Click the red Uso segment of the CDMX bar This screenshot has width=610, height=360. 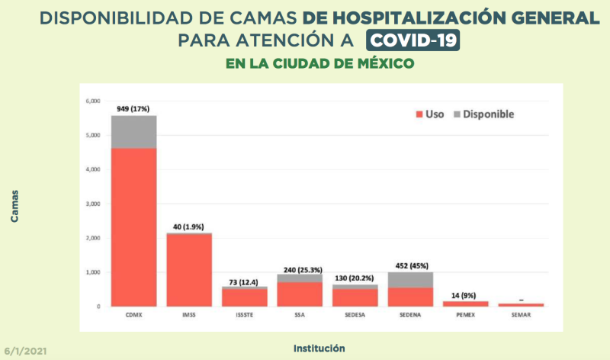pyautogui.click(x=134, y=227)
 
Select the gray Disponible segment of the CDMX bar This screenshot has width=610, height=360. pyautogui.click(x=134, y=132)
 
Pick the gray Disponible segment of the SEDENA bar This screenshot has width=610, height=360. pyautogui.click(x=410, y=280)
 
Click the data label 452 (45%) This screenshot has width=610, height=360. pyautogui.click(x=410, y=266)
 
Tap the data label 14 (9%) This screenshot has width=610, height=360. pyautogui.click(x=465, y=295)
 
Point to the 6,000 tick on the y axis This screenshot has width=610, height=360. pyautogui.click(x=93, y=101)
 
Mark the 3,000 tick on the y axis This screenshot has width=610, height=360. pyautogui.click(x=93, y=204)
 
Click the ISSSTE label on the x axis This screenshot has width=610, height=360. pyautogui.click(x=245, y=313)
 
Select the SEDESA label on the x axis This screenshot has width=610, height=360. pyautogui.click(x=355, y=313)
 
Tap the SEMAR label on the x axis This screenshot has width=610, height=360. pyautogui.click(x=521, y=313)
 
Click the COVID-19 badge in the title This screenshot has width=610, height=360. pyautogui.click(x=413, y=40)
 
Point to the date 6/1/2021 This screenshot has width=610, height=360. pyautogui.click(x=26, y=353)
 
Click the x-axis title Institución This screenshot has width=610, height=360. pyautogui.click(x=319, y=348)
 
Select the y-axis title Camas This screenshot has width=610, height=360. pyautogui.click(x=15, y=207)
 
